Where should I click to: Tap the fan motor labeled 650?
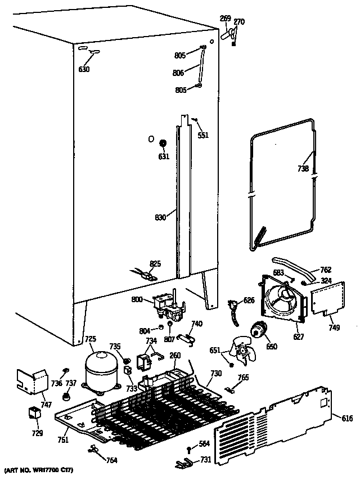click(x=259, y=331)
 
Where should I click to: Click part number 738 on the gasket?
click(x=303, y=168)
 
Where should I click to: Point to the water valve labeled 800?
click(x=166, y=307)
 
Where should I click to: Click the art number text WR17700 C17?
click(x=39, y=469)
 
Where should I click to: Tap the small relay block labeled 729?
click(x=35, y=414)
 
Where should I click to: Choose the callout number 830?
click(x=160, y=217)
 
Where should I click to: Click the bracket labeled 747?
click(x=33, y=382)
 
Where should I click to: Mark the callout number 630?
click(x=84, y=70)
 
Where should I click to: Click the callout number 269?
click(x=224, y=19)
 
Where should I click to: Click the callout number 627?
click(x=298, y=337)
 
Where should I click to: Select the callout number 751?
click(x=62, y=439)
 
